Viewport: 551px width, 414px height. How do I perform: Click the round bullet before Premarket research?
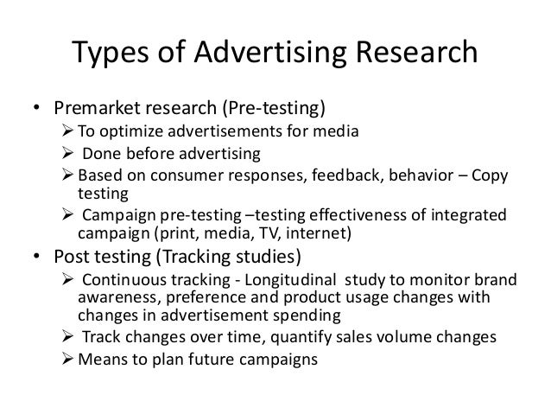(37, 110)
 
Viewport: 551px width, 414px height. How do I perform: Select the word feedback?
(345, 176)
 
